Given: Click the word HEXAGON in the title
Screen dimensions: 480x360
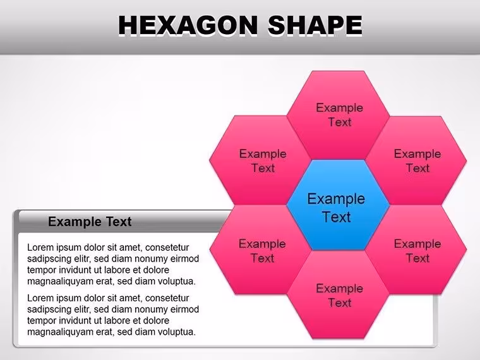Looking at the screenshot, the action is (x=188, y=25).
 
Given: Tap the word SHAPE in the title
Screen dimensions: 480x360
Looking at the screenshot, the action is (x=315, y=25).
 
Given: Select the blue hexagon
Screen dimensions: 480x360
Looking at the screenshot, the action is (x=338, y=205).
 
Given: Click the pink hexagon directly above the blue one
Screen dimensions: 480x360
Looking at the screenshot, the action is (x=338, y=115).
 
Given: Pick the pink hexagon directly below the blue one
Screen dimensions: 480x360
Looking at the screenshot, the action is (x=338, y=295).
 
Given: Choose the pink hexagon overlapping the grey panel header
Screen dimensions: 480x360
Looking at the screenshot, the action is (x=260, y=250).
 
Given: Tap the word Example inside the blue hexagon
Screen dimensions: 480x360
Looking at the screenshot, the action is (x=336, y=199).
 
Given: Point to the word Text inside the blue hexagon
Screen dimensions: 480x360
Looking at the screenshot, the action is (x=337, y=217).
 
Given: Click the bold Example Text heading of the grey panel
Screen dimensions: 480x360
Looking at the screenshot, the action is (x=90, y=221).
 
